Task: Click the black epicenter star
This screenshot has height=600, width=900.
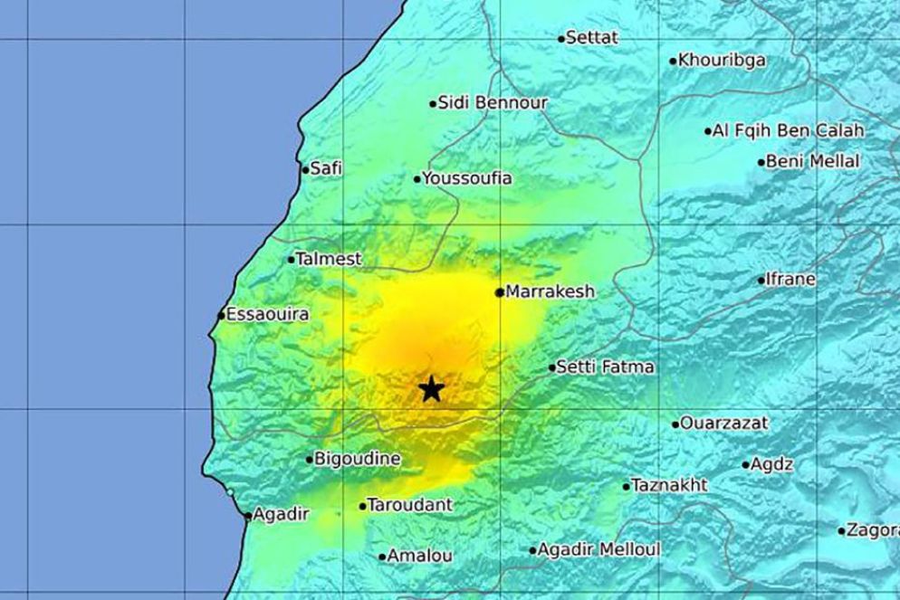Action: coord(432,390)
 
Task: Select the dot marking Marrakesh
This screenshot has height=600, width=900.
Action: coord(500,292)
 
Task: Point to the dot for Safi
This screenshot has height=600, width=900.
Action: coord(305,168)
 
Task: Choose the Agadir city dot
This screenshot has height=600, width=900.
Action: coord(248,516)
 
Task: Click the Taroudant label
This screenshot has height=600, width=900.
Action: coord(404,506)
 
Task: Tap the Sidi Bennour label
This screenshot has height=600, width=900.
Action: coord(493,103)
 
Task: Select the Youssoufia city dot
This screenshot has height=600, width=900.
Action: coord(417,179)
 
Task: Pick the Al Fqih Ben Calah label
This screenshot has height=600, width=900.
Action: coord(788,130)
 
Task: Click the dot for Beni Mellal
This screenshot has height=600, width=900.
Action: coord(761,163)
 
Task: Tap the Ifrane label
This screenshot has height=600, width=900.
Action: coord(790,280)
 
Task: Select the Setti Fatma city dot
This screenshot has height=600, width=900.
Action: coord(552,367)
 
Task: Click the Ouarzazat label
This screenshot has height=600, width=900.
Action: coord(724,423)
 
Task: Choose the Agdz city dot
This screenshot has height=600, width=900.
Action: coord(745,465)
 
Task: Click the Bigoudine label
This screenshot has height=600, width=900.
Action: coord(358,459)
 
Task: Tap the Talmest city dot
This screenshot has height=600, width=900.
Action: coord(292,260)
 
